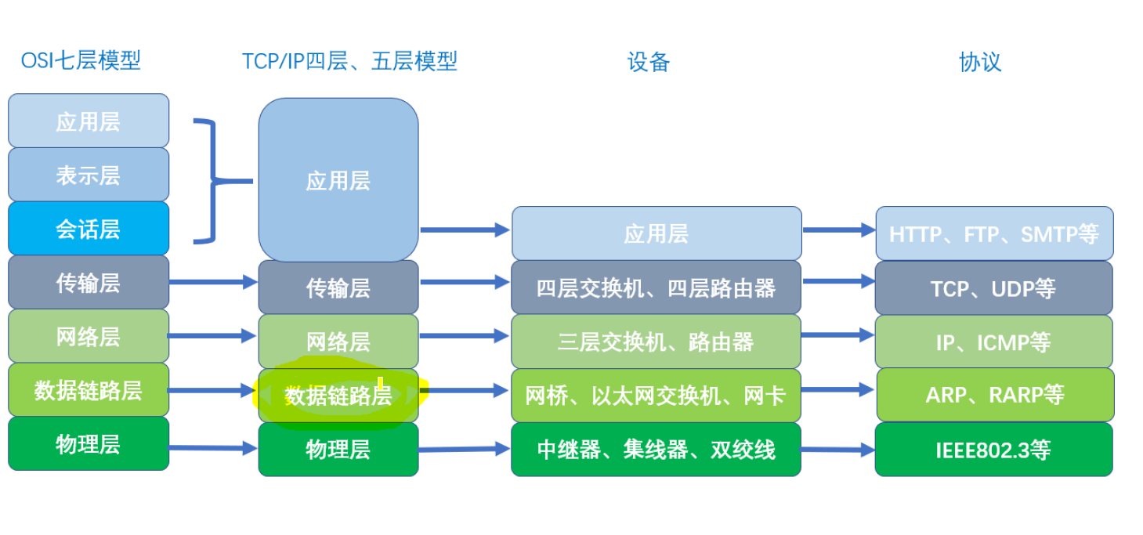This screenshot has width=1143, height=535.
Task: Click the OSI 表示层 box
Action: click(89, 175)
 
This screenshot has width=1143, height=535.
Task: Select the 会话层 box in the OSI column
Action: click(89, 229)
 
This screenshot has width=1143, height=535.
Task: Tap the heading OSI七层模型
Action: click(81, 61)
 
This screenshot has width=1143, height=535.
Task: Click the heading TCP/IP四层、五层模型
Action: click(349, 61)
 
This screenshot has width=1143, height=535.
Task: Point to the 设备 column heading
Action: click(648, 63)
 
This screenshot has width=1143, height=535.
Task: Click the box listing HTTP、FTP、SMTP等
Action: click(993, 233)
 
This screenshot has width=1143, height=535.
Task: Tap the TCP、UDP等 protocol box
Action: click(993, 288)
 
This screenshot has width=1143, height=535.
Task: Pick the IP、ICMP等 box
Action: click(993, 342)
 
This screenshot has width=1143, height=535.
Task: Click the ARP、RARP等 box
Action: click(993, 395)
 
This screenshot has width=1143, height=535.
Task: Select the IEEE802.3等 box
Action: click(993, 450)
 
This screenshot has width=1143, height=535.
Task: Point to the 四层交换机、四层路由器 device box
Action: click(656, 288)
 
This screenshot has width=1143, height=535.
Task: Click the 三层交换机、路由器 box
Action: click(656, 342)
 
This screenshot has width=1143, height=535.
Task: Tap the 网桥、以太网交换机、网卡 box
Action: click(656, 396)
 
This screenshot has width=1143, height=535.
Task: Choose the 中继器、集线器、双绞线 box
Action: click(656, 450)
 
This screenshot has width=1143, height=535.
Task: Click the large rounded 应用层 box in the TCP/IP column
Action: click(338, 180)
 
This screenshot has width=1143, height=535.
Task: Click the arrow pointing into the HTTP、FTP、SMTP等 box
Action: click(838, 230)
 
